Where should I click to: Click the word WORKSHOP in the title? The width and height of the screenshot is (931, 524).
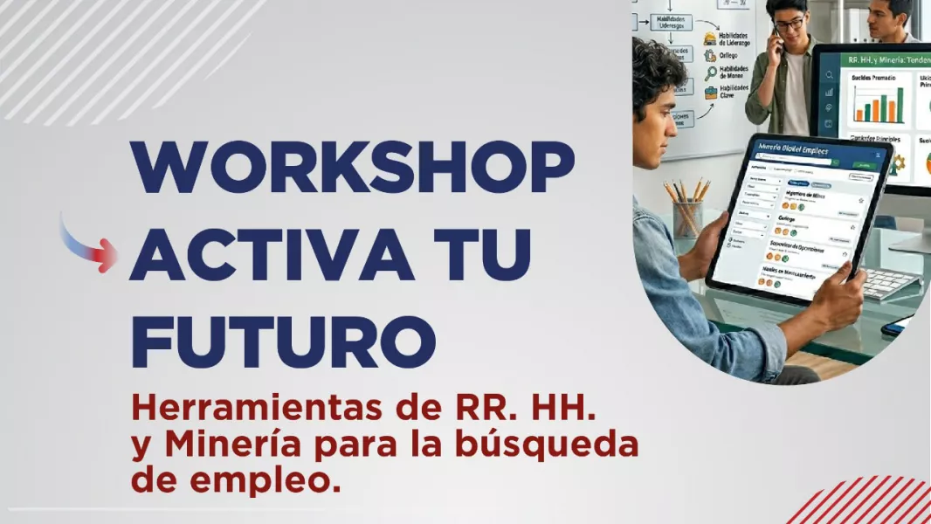coord(352,166)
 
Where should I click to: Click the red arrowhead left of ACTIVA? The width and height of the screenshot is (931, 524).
coord(107,255)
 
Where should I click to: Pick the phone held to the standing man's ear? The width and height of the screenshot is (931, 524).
coord(774,38)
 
